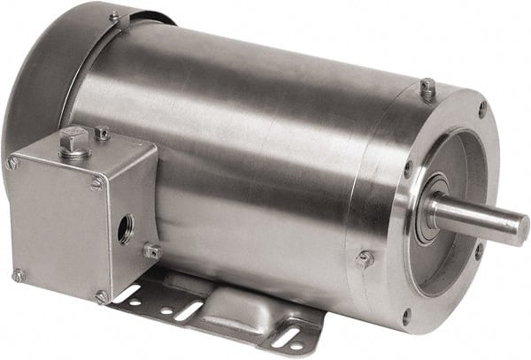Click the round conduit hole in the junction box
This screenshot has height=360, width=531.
click(x=126, y=229)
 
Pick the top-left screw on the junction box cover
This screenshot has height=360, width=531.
click(x=13, y=163)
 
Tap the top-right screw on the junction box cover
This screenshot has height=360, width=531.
click(x=96, y=183)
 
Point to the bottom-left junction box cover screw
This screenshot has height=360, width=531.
click(x=17, y=276)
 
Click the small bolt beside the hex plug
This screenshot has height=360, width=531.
click(x=102, y=134)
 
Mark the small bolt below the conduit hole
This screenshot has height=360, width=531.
click(x=150, y=252)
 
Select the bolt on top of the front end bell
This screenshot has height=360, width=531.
click(x=427, y=87)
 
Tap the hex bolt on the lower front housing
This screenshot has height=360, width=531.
click(x=363, y=260)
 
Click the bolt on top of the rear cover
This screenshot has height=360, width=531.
click(x=114, y=17)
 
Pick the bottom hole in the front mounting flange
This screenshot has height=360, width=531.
click(x=406, y=316)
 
